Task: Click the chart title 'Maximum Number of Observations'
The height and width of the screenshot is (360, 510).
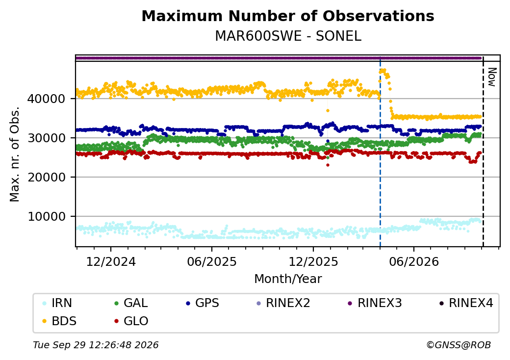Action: coord(288,16)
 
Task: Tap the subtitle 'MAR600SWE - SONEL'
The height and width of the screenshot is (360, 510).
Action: coord(288,36)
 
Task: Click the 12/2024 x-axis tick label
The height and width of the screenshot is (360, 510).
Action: coord(111,262)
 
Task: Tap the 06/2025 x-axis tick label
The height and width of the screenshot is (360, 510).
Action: coord(212,262)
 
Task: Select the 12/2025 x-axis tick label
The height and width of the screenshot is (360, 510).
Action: coord(313,262)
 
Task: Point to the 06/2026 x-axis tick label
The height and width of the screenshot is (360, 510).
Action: coord(414,262)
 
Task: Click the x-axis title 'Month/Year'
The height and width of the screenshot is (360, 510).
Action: coord(288,279)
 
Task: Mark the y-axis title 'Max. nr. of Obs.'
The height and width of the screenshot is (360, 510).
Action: coord(15,154)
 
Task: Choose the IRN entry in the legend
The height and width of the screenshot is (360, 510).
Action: coord(57,303)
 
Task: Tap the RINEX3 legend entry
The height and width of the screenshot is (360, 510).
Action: coord(375,303)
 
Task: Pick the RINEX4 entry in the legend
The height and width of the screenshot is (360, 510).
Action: coord(466,303)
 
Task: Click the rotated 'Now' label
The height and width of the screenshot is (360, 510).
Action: coord(492,77)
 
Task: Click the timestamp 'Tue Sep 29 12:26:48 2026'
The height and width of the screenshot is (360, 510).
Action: coord(96,345)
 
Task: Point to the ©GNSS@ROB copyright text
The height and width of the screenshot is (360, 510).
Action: coord(459,345)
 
